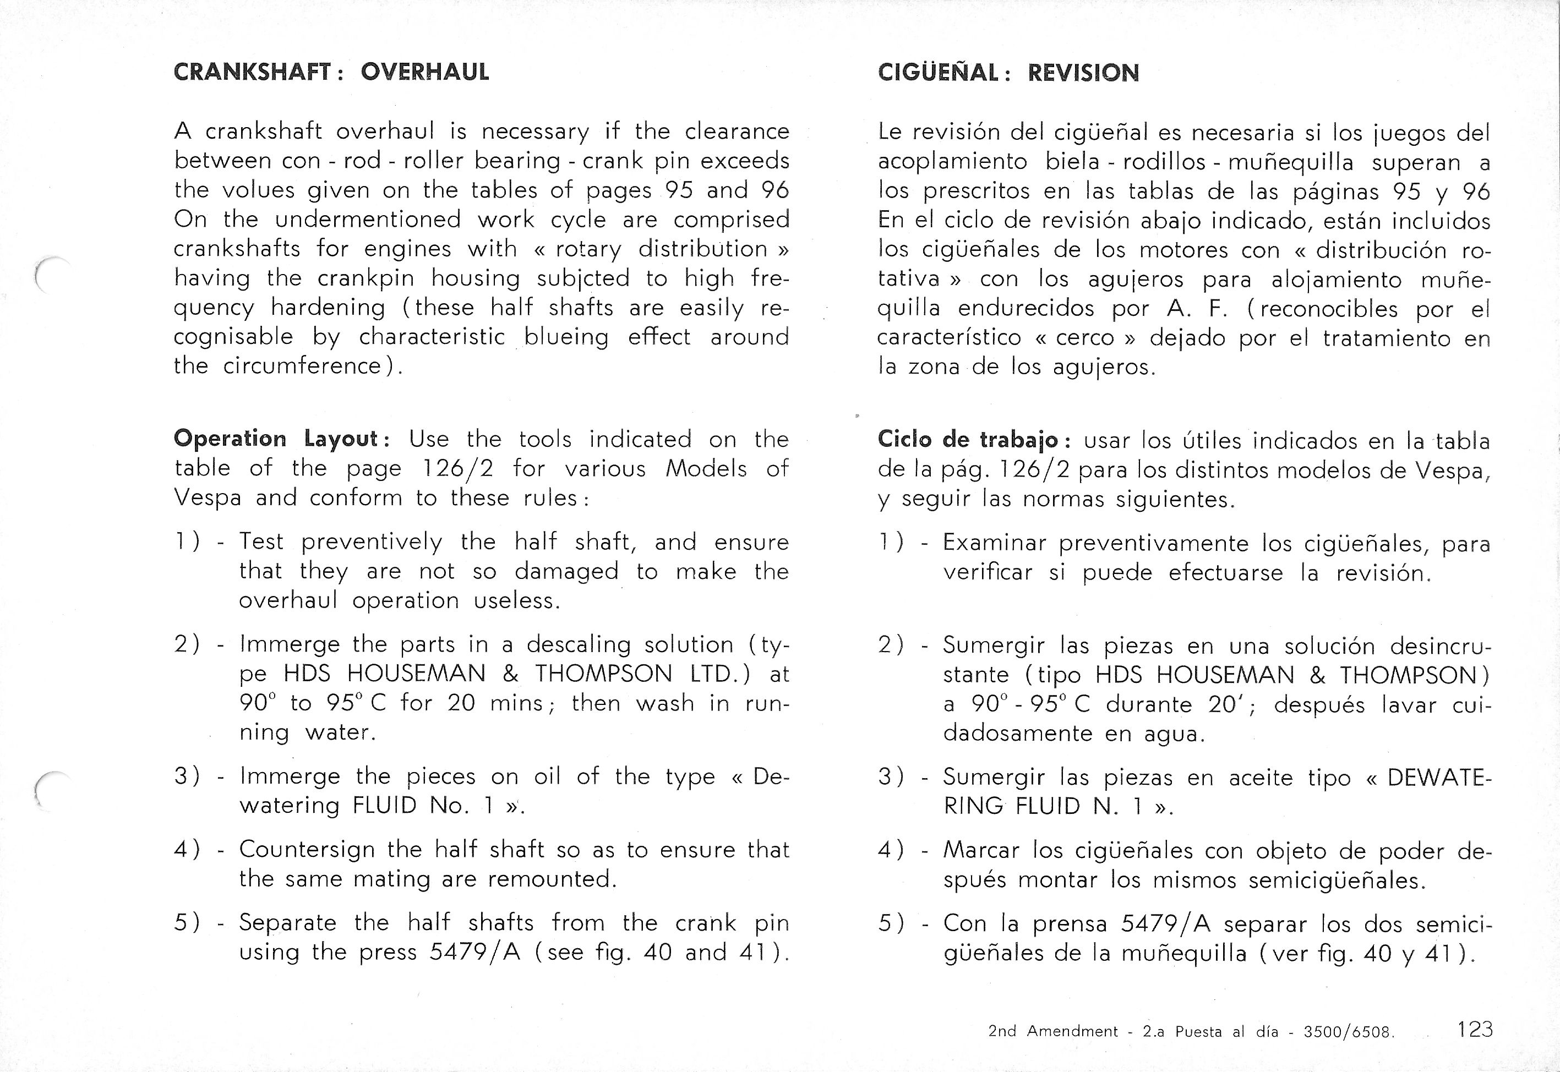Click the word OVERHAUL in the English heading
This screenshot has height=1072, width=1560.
coord(424,72)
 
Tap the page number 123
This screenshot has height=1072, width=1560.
coord(1475,1029)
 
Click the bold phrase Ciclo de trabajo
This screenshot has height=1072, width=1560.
coord(969,440)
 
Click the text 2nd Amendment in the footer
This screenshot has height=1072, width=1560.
coord(1053,1031)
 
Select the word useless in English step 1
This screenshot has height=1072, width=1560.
coord(516,600)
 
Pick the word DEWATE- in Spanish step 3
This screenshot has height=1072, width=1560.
coord(1438,777)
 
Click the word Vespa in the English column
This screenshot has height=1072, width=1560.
coord(207,497)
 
